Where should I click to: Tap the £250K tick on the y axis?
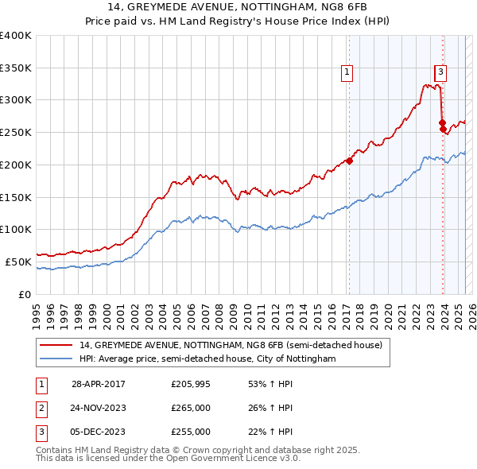pyautogui.click(x=16, y=132)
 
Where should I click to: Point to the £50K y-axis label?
pyautogui.click(x=18, y=262)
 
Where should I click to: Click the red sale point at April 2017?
pyautogui.click(x=349, y=161)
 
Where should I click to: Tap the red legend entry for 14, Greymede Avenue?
pyautogui.click(x=231, y=345)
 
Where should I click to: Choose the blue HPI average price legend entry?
pyautogui.click(x=207, y=359)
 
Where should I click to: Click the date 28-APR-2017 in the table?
pyautogui.click(x=99, y=385)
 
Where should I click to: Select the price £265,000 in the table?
pyautogui.click(x=191, y=409)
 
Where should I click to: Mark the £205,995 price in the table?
pyautogui.click(x=191, y=385)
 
